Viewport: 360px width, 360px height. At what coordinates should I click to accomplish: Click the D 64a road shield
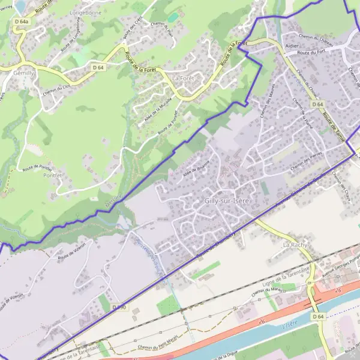(x=21, y=22)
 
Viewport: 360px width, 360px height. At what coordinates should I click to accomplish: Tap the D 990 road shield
(x=119, y=307)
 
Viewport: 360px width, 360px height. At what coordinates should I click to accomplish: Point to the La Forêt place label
(x=184, y=78)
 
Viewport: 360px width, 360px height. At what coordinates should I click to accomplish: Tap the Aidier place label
(x=292, y=45)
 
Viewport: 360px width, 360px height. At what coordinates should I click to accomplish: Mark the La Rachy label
(x=295, y=245)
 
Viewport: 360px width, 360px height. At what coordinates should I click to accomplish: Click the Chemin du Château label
(x=316, y=39)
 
